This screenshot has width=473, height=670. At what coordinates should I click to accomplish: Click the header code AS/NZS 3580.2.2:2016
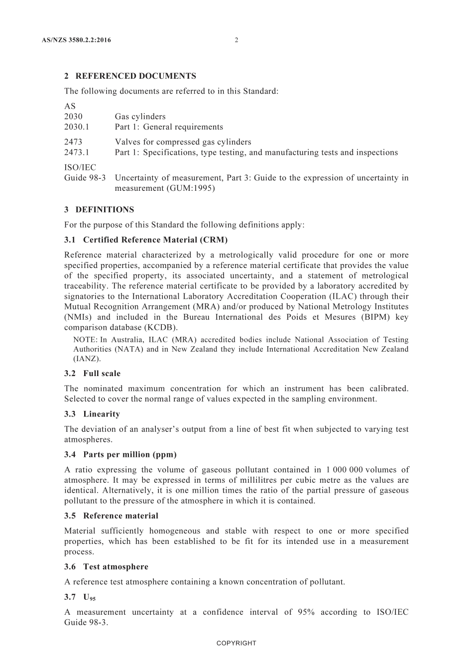77,40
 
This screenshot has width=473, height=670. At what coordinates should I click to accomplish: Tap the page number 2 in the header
236,40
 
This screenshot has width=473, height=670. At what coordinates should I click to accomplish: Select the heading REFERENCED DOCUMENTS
135,76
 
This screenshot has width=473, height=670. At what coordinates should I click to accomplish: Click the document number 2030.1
77,127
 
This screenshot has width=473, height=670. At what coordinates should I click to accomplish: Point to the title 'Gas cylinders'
140,117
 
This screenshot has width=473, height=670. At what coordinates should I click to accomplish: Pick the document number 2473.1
77,152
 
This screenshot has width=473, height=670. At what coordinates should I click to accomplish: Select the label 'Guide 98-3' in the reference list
85,178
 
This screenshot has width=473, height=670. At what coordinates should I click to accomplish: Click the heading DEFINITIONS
105,210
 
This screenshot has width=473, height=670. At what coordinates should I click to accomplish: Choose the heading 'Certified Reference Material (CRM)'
155,240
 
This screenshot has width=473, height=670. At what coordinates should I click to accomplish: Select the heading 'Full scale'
102,374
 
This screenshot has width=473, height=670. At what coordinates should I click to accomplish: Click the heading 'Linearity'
102,414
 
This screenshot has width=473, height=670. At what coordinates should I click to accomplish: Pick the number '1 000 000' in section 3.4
345,470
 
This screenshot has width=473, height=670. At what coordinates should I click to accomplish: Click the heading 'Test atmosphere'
116,567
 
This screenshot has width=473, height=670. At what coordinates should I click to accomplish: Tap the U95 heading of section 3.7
89,597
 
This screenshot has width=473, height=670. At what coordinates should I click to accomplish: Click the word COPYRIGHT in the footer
236,643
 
